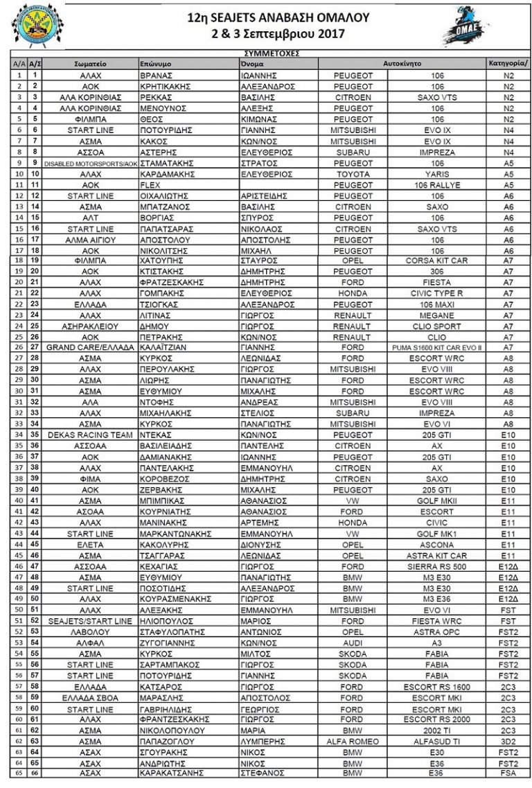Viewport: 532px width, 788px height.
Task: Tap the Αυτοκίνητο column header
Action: [x=402, y=63]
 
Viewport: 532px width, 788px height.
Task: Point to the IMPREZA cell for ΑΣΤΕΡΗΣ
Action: [x=437, y=152]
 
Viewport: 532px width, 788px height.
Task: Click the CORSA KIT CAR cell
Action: [x=437, y=261]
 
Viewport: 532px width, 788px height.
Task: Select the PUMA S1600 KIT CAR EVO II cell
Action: [x=437, y=347]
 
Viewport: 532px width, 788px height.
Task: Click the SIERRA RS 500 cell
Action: [x=437, y=566]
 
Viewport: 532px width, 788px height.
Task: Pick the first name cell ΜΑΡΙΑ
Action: [x=253, y=729]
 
